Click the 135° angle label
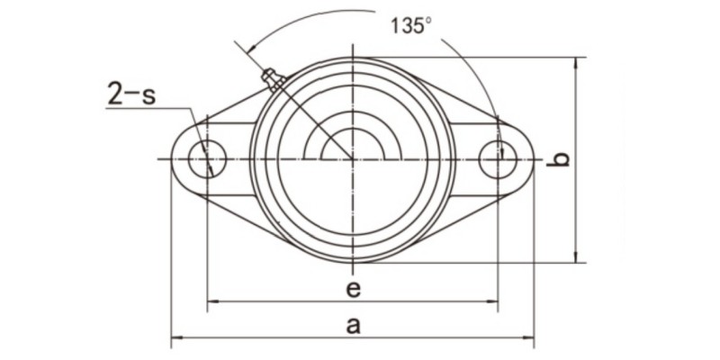coord(411,24)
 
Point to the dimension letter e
coord(354,288)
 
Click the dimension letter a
coord(354,326)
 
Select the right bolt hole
coord(498,160)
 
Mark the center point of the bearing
coord(353,160)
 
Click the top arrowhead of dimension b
coord(576,62)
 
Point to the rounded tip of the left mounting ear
coord(173,160)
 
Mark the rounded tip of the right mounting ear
coord(532,160)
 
